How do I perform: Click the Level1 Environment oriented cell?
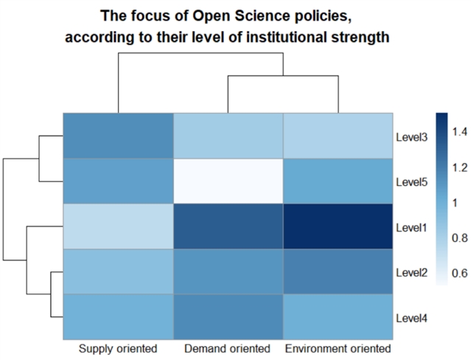pyautogui.click(x=338, y=226)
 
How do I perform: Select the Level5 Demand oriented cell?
pyautogui.click(x=228, y=181)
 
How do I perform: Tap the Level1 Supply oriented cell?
pyautogui.click(x=118, y=226)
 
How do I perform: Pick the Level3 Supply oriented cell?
pyautogui.click(x=118, y=136)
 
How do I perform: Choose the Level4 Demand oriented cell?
pyautogui.click(x=228, y=316)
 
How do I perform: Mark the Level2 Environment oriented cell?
pyautogui.click(x=338, y=271)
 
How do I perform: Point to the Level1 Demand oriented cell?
pyautogui.click(x=228, y=226)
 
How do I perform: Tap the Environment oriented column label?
pyautogui.click(x=338, y=347)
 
